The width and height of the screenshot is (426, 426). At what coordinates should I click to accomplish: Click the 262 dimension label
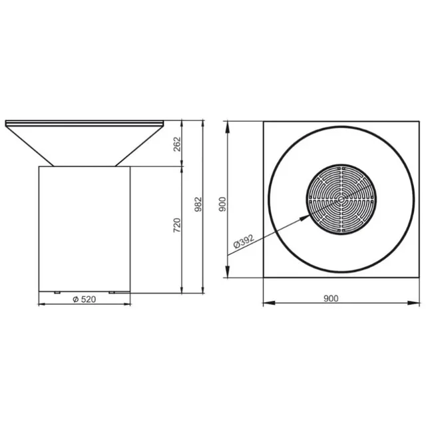(x=177, y=143)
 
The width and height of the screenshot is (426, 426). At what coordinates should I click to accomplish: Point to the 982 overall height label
(x=198, y=204)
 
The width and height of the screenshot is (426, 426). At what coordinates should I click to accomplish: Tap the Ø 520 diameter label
(x=85, y=299)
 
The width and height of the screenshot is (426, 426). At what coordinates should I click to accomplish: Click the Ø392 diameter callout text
(x=244, y=244)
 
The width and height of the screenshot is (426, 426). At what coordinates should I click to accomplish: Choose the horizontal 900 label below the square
(x=331, y=298)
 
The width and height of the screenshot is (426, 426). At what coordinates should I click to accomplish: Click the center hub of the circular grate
(x=341, y=198)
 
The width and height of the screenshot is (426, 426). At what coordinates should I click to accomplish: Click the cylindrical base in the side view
(x=85, y=226)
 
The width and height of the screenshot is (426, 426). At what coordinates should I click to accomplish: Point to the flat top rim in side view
(x=85, y=122)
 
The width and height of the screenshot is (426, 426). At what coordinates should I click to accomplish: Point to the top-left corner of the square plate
(x=264, y=121)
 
